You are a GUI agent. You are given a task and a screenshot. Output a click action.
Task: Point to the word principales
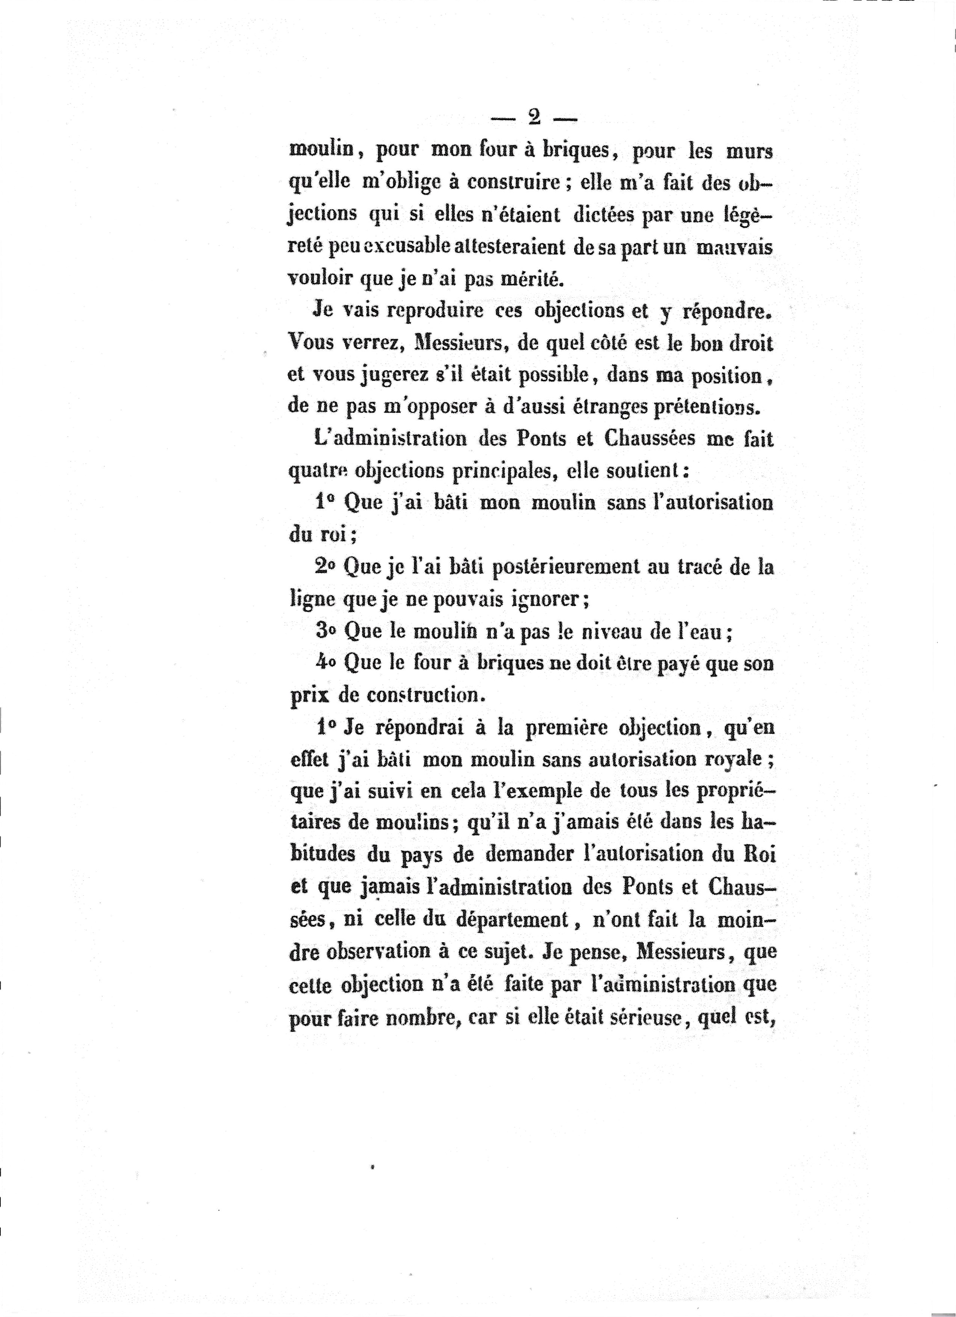(x=492, y=472)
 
